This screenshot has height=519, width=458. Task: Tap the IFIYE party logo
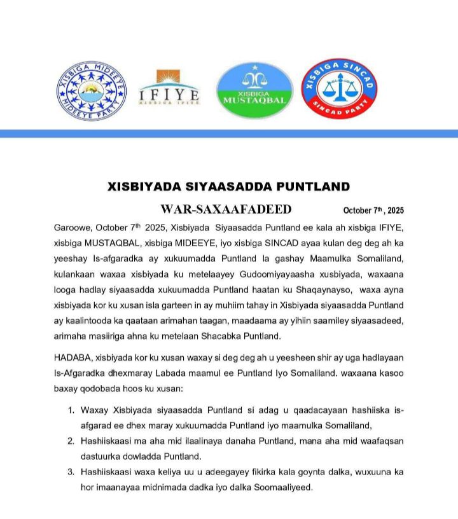click(x=170, y=90)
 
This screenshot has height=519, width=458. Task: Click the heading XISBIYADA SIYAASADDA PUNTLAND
click(x=229, y=186)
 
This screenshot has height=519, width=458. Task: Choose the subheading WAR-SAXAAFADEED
click(x=226, y=209)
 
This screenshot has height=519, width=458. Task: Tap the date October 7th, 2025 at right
click(x=373, y=211)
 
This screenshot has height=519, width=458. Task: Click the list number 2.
click(x=71, y=441)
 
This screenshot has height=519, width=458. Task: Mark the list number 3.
click(x=71, y=472)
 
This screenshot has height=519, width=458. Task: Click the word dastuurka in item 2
click(x=101, y=456)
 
